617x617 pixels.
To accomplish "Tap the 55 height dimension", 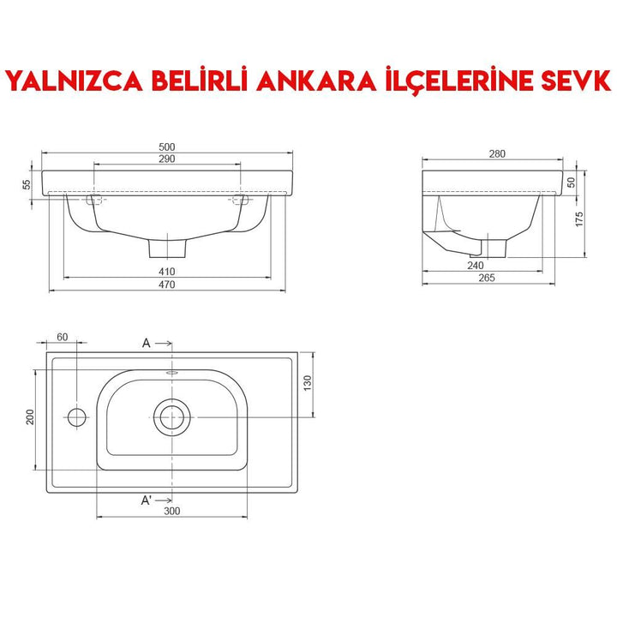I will (x=27, y=183).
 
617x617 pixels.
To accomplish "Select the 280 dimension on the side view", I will (x=498, y=153).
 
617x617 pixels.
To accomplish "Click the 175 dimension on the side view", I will (x=580, y=218).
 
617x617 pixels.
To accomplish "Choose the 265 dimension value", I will (x=488, y=279).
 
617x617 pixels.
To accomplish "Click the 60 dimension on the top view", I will (x=63, y=337).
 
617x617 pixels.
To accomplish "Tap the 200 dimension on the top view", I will (x=30, y=418).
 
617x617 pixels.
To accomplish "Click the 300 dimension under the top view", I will (x=171, y=512).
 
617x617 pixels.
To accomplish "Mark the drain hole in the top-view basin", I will (x=171, y=417).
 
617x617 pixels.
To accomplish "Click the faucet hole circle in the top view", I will (x=76, y=418).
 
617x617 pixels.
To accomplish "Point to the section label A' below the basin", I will (x=147, y=500).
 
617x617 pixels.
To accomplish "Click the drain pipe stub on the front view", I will (x=168, y=247).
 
